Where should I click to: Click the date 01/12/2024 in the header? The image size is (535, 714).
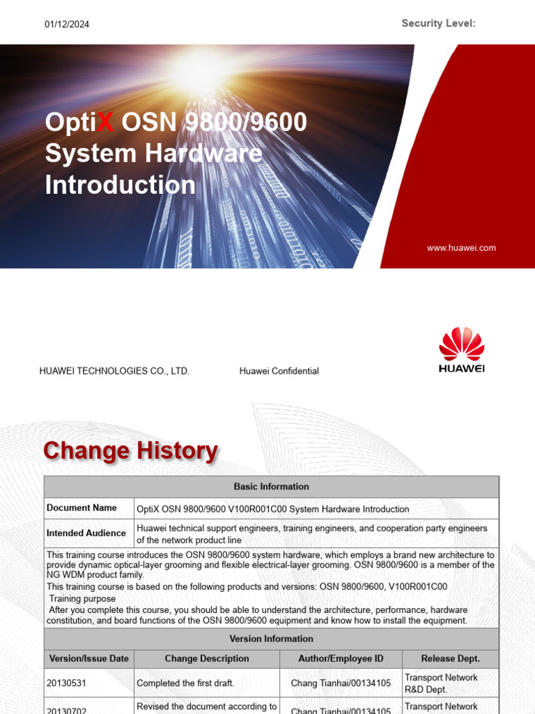coord(67,24)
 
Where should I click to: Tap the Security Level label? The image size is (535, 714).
coord(438,24)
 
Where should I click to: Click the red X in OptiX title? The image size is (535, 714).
coord(104,122)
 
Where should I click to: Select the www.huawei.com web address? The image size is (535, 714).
coord(461,248)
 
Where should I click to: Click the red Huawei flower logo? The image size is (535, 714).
coord(461,343)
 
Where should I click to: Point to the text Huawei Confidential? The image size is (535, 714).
coord(279,371)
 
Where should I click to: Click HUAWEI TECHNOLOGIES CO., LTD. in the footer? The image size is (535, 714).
coord(114,371)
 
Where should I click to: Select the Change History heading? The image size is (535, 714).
coord(130,451)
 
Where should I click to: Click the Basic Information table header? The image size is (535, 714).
coord(271,487)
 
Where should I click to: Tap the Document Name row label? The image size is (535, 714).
coord(82,508)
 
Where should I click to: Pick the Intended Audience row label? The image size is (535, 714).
coord(86,533)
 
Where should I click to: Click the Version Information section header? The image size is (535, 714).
coord(271,639)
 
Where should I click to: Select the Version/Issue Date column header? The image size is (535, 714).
coord(89,658)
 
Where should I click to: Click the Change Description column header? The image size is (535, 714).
coord(207,658)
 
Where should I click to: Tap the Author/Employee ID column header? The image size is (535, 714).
coord(341,658)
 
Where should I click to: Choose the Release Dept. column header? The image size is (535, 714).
coord(450,658)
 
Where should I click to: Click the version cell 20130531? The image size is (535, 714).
coord(67,683)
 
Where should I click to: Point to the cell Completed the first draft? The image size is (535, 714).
coord(185,683)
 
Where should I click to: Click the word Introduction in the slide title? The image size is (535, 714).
coord(121,185)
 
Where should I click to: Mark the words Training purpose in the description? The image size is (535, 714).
coord(82,599)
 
